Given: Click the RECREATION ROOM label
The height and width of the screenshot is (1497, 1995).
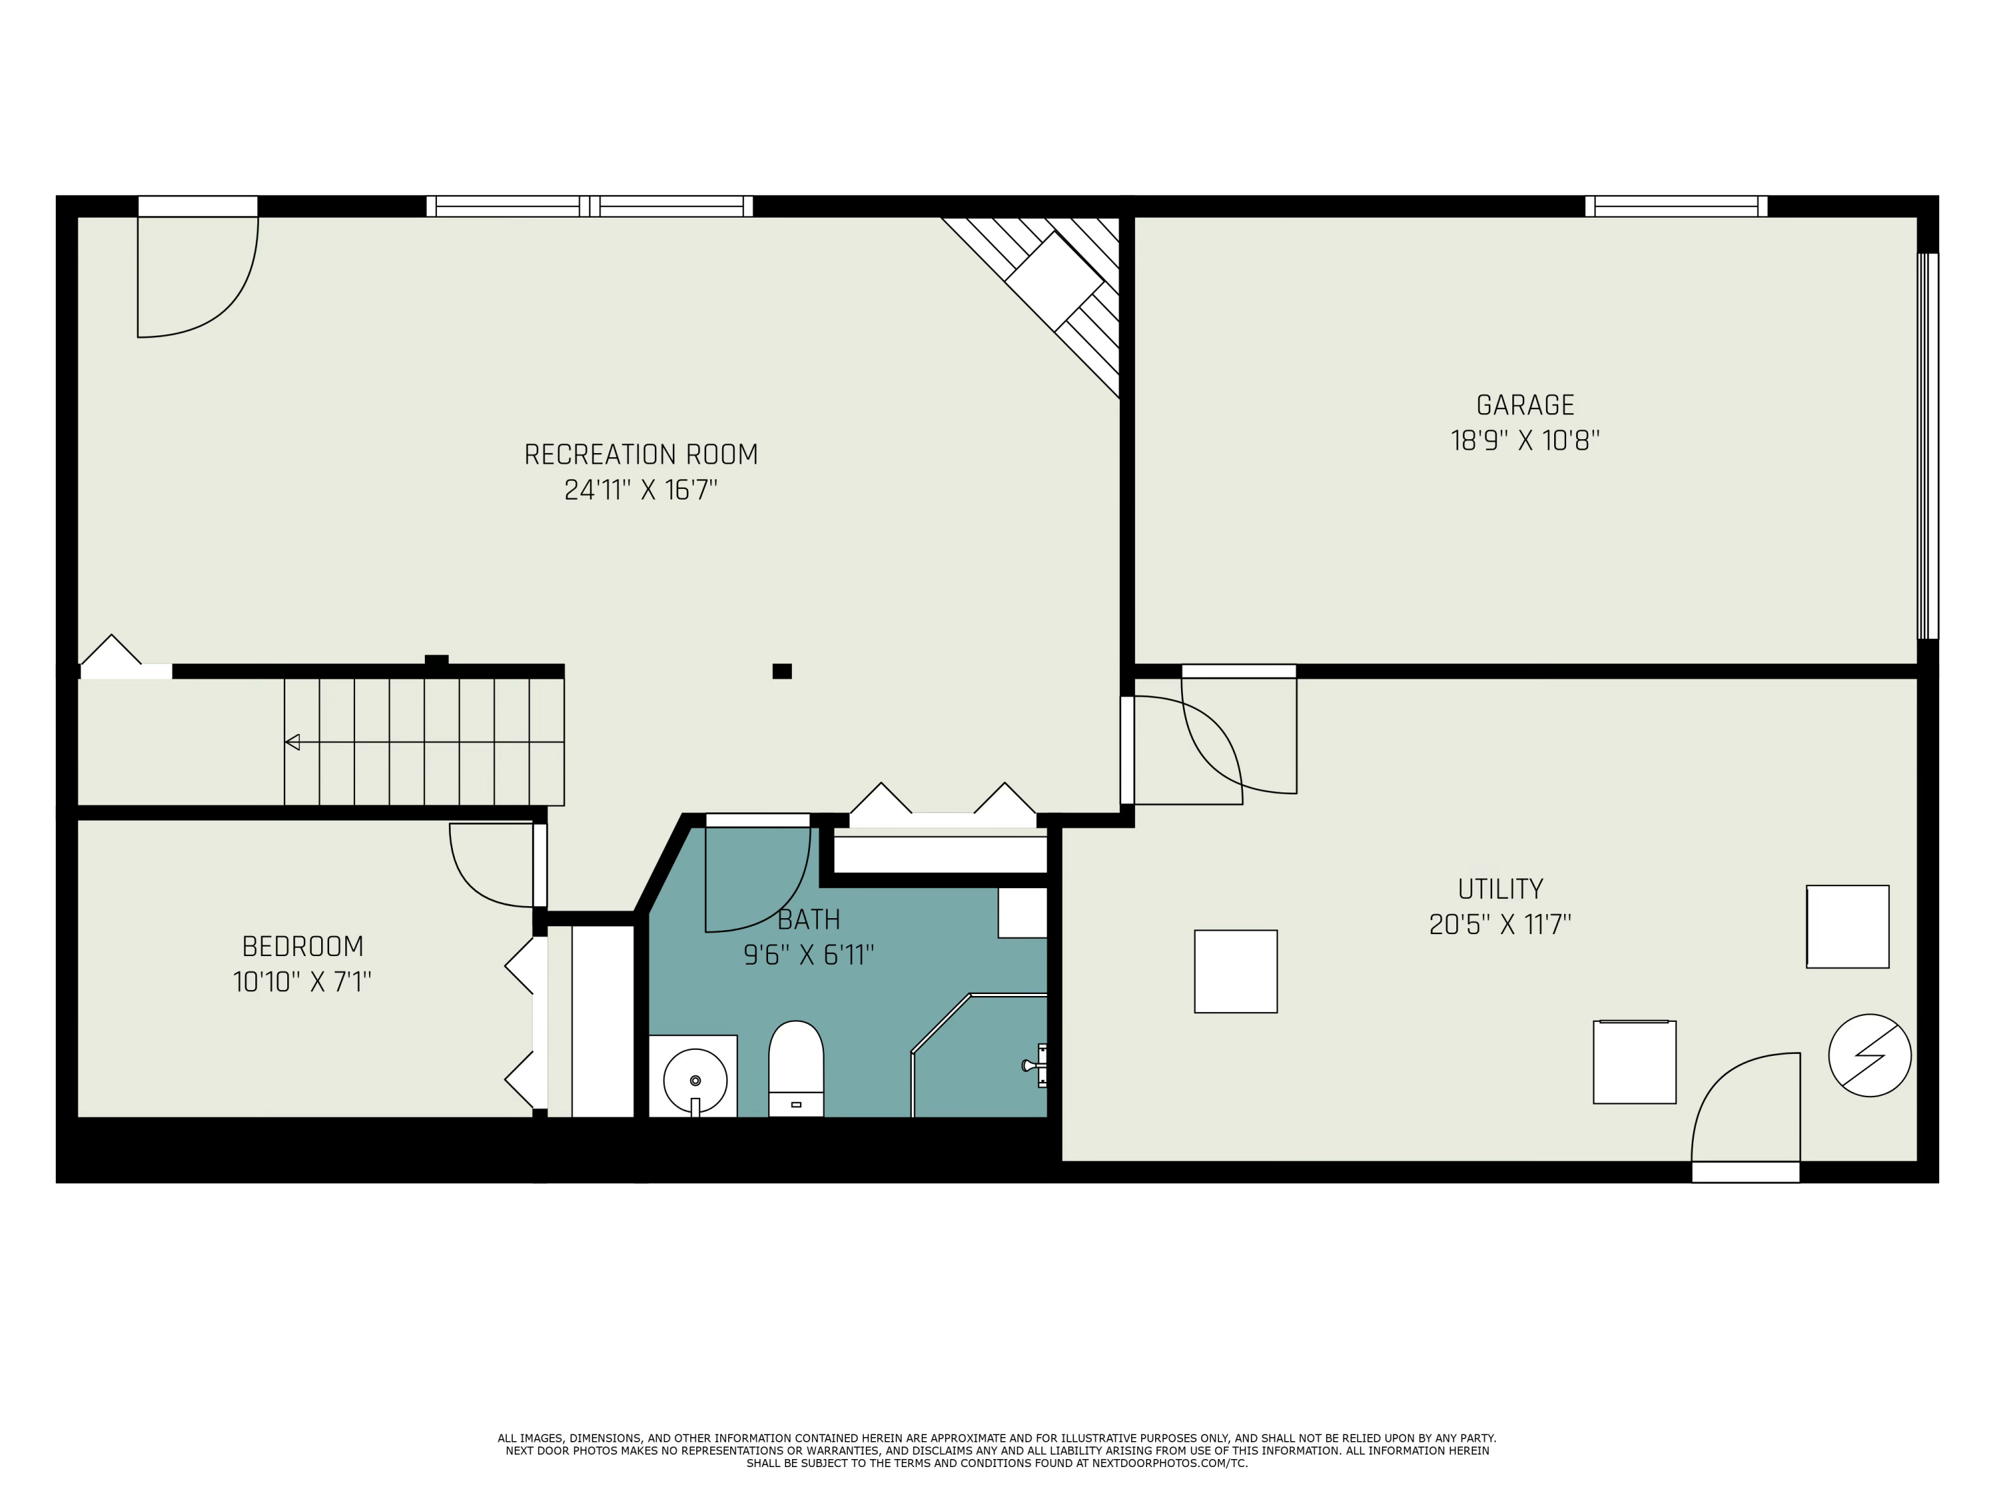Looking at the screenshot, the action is [640, 455].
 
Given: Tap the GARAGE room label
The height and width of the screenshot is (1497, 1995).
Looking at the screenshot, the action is [1525, 405].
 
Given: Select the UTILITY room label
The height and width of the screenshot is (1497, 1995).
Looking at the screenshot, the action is [1501, 890].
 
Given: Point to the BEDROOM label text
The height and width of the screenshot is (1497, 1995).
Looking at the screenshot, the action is [303, 947].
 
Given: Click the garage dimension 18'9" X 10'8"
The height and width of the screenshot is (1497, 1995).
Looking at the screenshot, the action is [1525, 441].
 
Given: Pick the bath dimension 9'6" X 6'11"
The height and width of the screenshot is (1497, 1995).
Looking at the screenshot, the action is [809, 955].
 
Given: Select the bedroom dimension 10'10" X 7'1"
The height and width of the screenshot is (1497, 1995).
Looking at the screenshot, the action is [302, 982].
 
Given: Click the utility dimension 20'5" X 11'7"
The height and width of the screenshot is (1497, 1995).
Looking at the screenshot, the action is [1501, 925].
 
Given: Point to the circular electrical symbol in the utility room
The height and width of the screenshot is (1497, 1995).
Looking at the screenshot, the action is [1869, 1056].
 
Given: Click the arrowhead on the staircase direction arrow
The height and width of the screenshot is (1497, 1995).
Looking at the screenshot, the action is [292, 742].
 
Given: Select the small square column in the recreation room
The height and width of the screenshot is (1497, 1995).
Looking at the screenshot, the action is [782, 671].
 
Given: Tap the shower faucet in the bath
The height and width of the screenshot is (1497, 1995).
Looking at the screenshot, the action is [1035, 1066].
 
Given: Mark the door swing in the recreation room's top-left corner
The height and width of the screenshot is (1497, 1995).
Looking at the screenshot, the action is [198, 276].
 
